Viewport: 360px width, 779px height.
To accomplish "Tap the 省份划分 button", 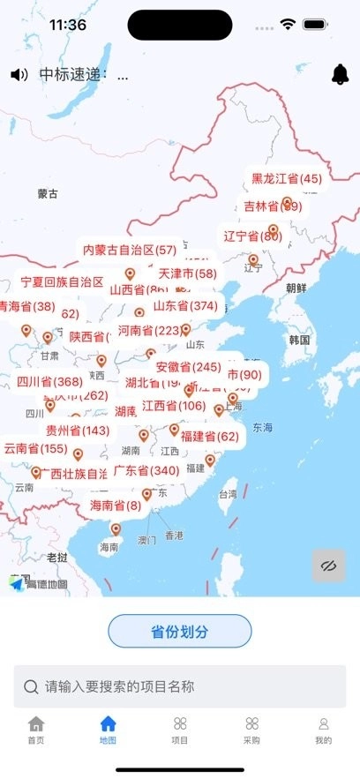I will click(x=180, y=631).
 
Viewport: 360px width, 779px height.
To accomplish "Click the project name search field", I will click(x=180, y=686).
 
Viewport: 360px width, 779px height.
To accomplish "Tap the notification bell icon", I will click(x=340, y=75).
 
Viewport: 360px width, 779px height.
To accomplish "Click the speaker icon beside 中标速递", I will click(x=19, y=75).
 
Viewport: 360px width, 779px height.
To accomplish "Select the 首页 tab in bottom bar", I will click(x=35, y=730).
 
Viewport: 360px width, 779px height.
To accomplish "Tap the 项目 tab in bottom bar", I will click(x=180, y=730).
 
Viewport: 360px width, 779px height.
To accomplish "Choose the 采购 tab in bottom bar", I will click(x=252, y=730).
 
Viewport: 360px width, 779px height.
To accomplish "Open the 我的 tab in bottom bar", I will click(x=324, y=730).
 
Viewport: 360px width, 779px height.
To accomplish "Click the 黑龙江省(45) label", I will click(x=287, y=178).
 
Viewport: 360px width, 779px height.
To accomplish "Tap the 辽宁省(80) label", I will click(x=252, y=236).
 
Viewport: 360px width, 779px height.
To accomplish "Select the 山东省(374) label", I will click(x=185, y=306).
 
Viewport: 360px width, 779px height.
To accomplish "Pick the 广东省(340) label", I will click(x=146, y=471).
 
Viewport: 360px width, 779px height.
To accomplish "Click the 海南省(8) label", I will click(x=116, y=506).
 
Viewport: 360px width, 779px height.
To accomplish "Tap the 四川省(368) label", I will click(x=49, y=382).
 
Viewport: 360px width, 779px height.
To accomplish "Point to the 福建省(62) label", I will click(x=209, y=436).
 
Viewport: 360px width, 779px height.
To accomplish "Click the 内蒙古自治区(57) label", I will click(x=130, y=250).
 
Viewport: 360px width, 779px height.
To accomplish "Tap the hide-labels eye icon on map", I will click(x=329, y=566).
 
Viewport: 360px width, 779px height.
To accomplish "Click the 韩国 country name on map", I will click(x=299, y=340).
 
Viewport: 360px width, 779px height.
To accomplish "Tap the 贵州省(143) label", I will click(x=79, y=431).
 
